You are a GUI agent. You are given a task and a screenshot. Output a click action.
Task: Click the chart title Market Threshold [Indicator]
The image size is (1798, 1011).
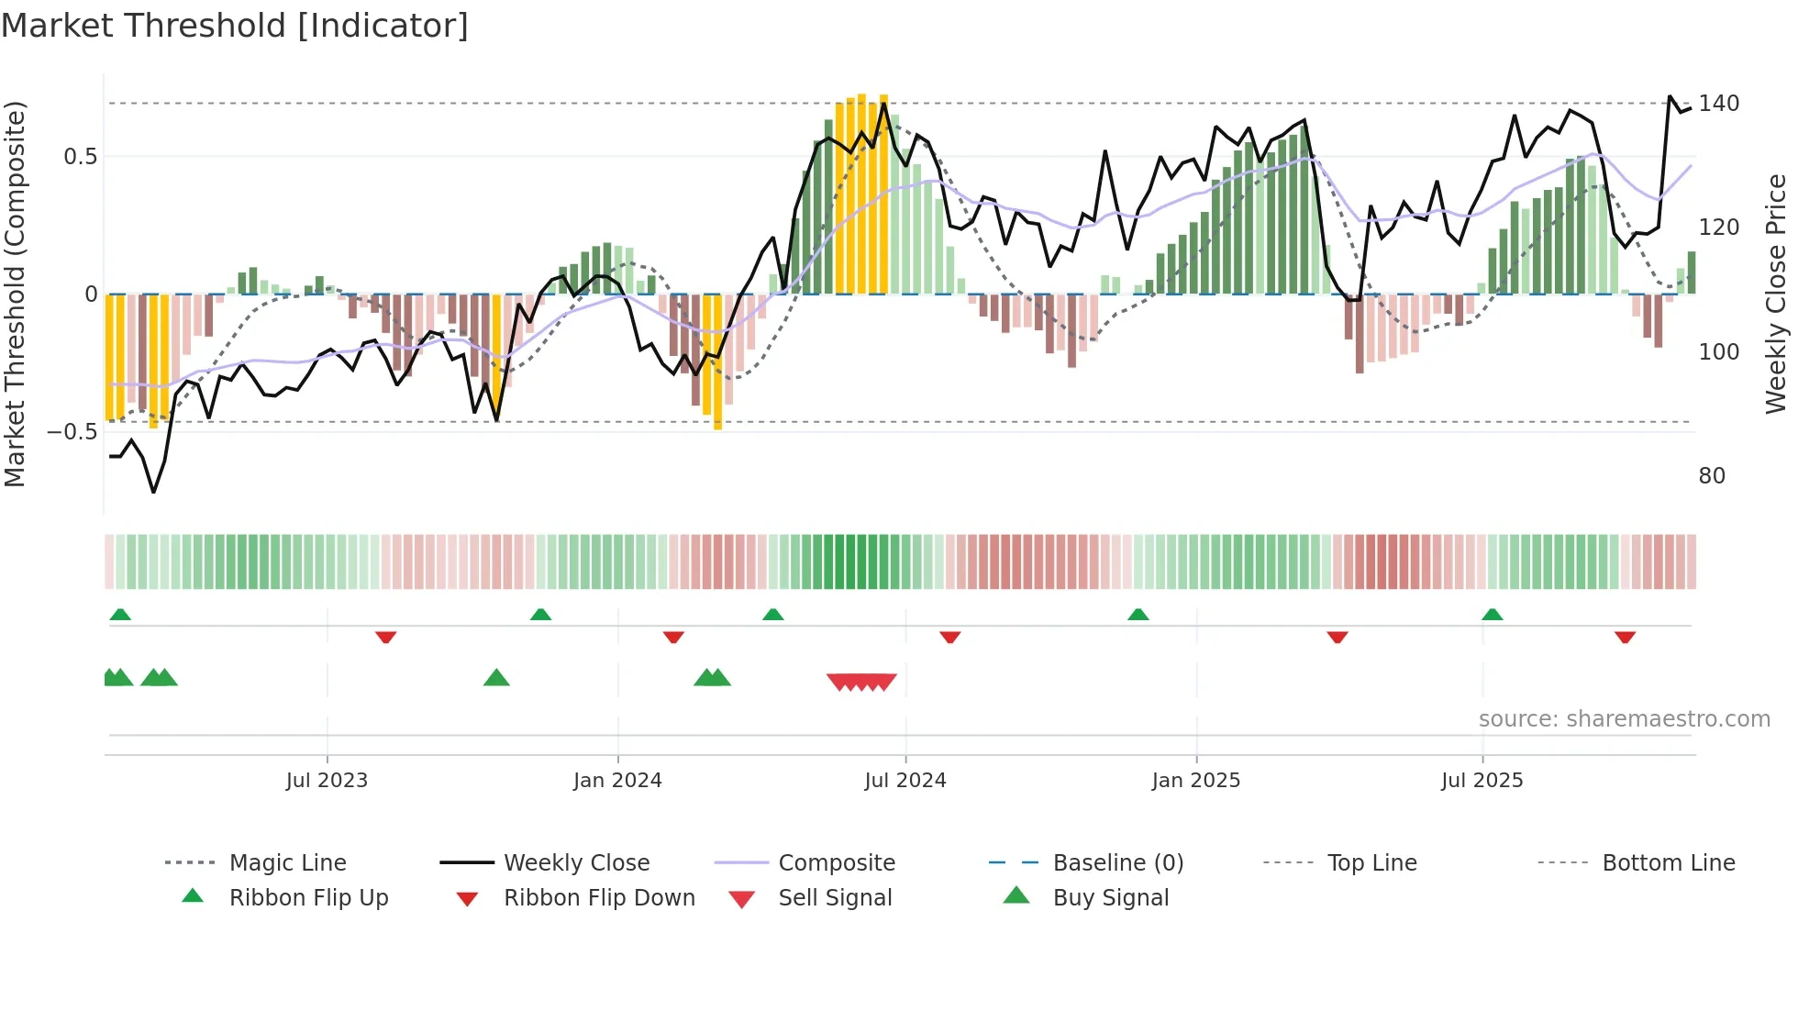(x=235, y=26)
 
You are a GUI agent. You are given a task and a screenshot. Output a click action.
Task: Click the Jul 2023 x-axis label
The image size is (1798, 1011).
(x=327, y=781)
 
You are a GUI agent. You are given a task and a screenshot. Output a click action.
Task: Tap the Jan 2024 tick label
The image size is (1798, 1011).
(x=617, y=781)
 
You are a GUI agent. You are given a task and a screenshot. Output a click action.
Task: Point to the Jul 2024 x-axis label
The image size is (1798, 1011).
(x=905, y=781)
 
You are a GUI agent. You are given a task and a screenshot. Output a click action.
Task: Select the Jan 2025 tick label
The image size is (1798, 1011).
(x=1196, y=781)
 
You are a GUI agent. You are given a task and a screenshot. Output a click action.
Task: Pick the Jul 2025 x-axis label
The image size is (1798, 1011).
(x=1482, y=781)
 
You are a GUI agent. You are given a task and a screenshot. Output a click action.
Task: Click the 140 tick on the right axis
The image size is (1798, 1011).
(x=1718, y=104)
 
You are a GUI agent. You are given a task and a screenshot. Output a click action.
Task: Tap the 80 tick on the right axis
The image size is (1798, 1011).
(x=1712, y=476)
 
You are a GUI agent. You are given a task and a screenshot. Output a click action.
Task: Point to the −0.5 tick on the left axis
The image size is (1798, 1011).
(x=72, y=432)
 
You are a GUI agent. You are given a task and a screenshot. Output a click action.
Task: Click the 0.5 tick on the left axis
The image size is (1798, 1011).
(x=80, y=157)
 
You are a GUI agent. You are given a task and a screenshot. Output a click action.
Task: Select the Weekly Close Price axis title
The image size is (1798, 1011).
(x=1777, y=294)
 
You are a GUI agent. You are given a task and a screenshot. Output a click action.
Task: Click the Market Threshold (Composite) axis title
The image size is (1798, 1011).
(x=15, y=294)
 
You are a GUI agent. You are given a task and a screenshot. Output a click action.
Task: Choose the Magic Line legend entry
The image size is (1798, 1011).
(x=287, y=863)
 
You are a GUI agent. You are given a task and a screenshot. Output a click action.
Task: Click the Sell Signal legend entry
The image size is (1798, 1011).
(x=835, y=898)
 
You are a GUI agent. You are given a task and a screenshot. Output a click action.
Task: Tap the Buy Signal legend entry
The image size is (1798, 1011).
(x=1111, y=898)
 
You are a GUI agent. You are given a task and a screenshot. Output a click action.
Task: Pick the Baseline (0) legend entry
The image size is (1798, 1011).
(x=1118, y=863)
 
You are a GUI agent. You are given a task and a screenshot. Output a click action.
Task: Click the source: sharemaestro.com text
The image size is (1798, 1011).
(x=1625, y=719)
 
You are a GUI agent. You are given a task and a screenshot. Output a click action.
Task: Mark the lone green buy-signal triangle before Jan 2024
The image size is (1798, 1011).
(x=496, y=678)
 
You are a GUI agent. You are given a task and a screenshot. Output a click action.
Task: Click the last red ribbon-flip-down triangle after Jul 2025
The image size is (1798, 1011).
(x=1626, y=637)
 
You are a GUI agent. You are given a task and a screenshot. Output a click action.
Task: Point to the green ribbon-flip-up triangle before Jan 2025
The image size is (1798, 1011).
(x=1138, y=615)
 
